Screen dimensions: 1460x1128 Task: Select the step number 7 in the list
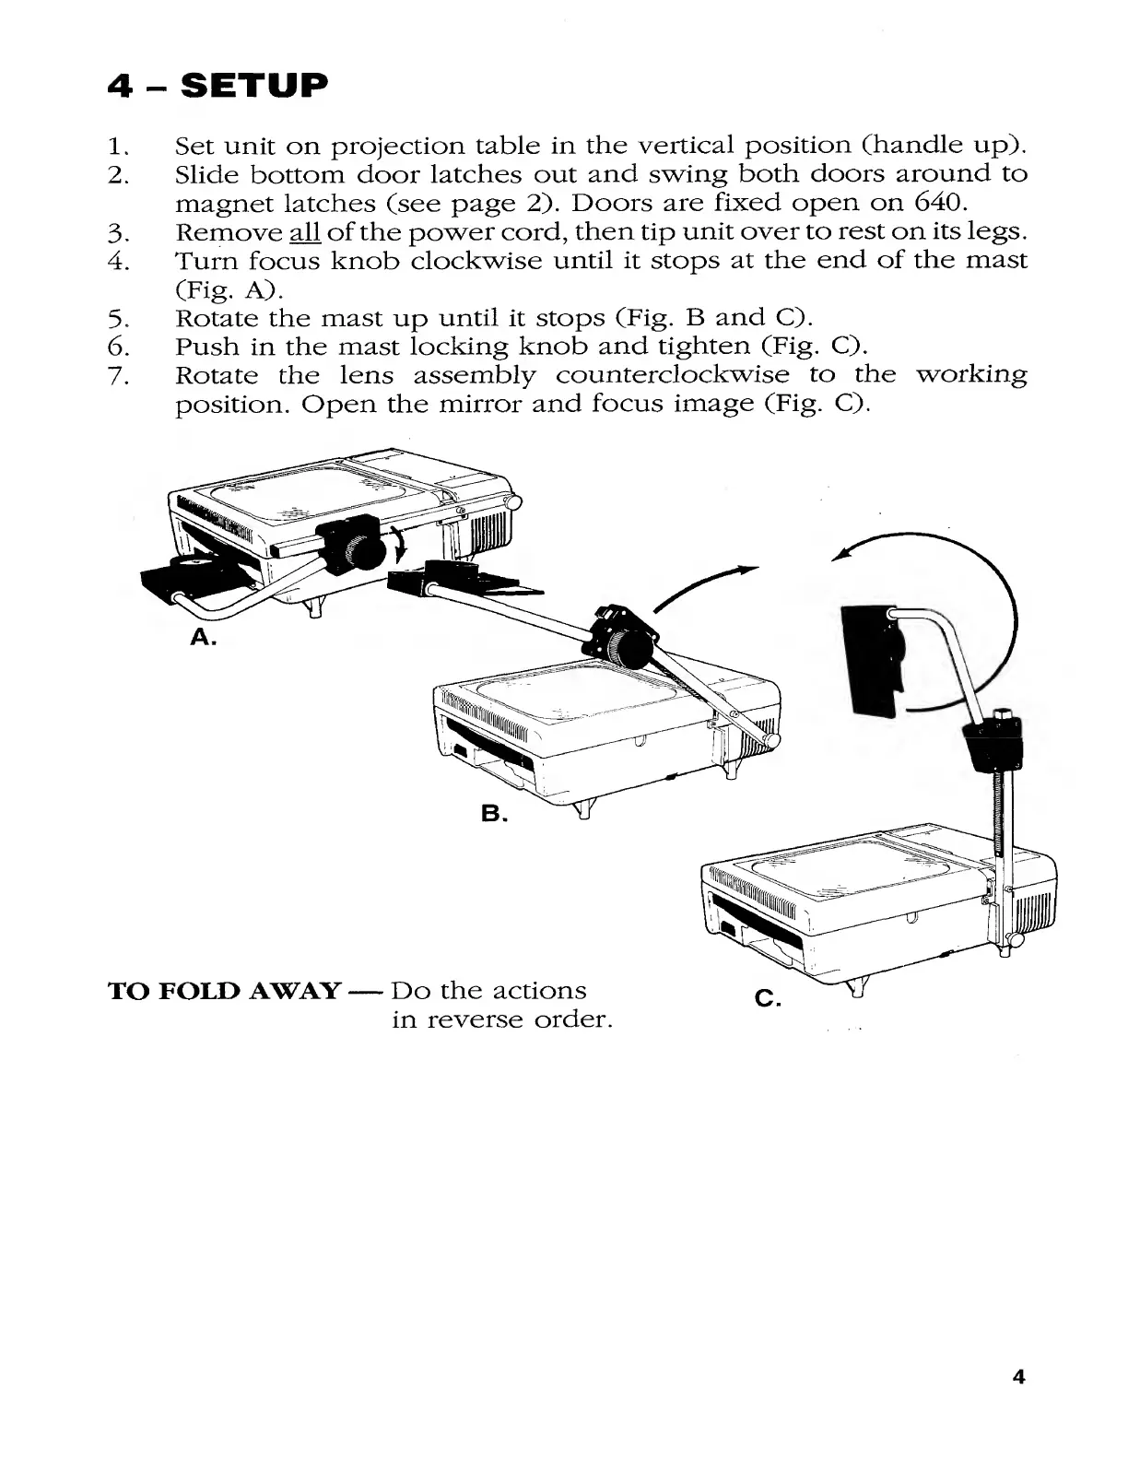(116, 376)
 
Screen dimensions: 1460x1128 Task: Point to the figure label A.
(202, 637)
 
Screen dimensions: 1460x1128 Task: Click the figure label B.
(492, 813)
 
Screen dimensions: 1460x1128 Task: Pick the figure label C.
(767, 997)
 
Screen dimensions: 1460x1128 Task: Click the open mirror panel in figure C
(873, 658)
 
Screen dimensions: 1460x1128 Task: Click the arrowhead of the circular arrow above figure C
(840, 556)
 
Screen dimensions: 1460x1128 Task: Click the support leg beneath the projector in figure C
(856, 990)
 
